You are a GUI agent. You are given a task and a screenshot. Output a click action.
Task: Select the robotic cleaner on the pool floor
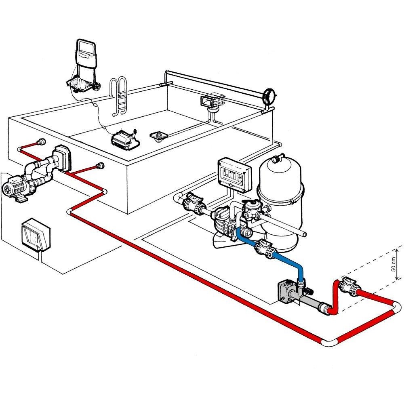pyautogui.click(x=125, y=138)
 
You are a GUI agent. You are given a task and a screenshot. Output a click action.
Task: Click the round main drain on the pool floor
pyautogui.click(x=158, y=135)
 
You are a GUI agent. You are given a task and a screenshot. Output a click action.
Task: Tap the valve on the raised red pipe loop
pyautogui.click(x=348, y=286)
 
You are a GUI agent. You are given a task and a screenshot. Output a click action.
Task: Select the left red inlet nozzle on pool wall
pyautogui.click(x=40, y=142)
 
